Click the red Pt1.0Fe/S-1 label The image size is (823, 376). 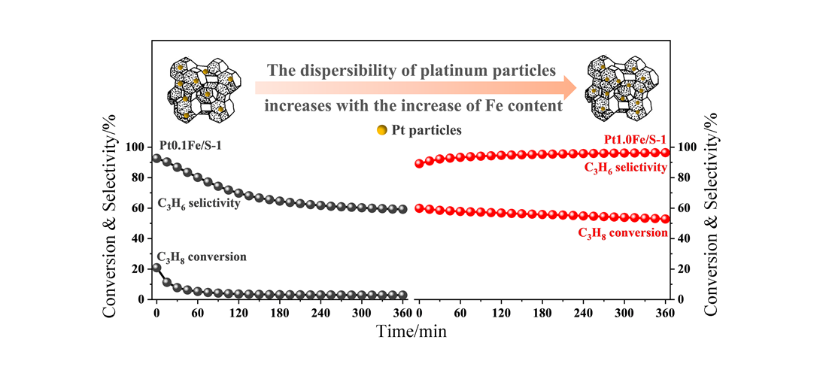point(635,140)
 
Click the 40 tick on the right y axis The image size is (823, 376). point(687,238)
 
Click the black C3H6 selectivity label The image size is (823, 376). point(199,203)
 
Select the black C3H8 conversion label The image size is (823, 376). point(202,257)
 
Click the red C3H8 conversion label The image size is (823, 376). point(623,233)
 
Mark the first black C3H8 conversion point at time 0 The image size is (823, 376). point(156,268)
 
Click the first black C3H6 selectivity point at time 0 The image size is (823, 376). point(156,159)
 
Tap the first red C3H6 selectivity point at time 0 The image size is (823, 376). point(419,163)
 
